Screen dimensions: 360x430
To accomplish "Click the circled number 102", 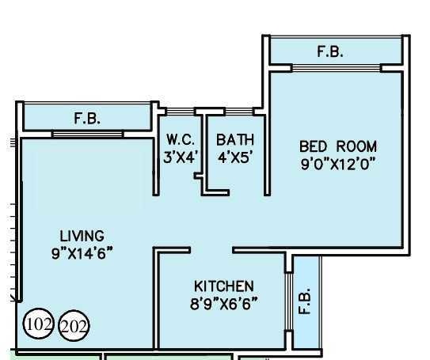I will click(38, 324).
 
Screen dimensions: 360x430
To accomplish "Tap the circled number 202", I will click(74, 326).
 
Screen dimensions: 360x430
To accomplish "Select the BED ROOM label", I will click(337, 146).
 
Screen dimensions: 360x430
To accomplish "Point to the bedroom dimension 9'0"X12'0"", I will click(337, 164).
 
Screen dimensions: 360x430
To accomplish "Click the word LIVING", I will click(82, 236).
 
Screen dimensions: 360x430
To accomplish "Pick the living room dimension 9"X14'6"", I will click(82, 253).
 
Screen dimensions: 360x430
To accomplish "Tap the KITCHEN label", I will click(224, 286).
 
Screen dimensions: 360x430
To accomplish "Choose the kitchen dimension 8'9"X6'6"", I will click(224, 302).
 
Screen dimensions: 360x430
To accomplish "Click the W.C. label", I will click(181, 139).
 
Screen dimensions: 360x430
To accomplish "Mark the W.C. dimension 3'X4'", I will click(181, 157).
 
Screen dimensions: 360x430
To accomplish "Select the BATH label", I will click(234, 139).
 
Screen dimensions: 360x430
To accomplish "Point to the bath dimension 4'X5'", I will click(234, 157).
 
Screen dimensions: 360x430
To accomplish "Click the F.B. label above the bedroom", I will click(330, 52).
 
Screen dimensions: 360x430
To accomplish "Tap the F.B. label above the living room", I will click(87, 119).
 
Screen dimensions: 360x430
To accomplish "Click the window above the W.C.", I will click(178, 111).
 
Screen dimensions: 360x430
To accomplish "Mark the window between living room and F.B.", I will click(87, 135).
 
